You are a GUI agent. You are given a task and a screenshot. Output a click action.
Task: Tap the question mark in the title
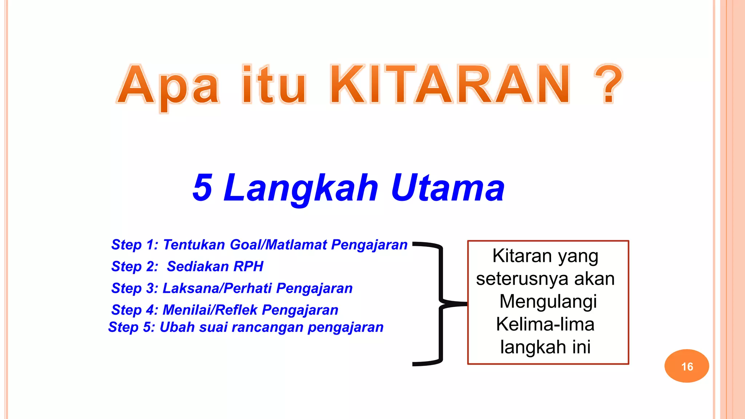[609, 84]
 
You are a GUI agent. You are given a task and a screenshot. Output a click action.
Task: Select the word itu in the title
[274, 84]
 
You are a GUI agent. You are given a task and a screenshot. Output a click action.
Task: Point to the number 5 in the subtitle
[202, 187]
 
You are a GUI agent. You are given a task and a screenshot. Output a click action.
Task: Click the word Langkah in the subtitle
[301, 188]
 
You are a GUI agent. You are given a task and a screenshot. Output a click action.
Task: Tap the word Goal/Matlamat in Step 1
[279, 245]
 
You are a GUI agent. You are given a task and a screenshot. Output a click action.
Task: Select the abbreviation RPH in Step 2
[248, 267]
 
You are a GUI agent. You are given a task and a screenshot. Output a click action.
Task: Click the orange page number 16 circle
[686, 366]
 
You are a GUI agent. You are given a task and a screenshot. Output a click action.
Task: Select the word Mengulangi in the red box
[548, 302]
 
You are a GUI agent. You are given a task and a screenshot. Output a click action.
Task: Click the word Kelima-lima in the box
[545, 324]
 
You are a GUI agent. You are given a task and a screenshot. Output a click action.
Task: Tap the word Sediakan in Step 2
[198, 267]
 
